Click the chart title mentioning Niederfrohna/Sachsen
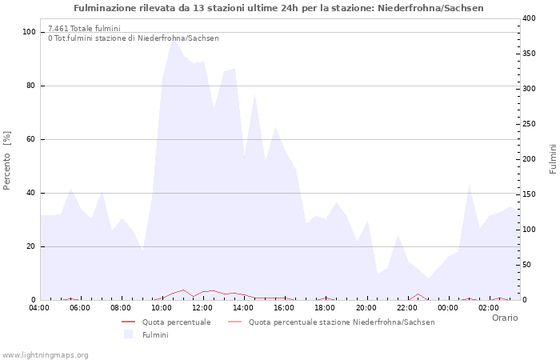pos(278,8)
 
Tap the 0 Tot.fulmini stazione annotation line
pos(133,38)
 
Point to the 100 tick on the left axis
pos(30,32)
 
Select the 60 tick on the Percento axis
pos(31,139)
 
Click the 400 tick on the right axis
pos(529,18)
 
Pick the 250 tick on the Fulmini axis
pos(529,124)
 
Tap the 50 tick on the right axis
pos(526,265)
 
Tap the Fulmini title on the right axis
pos(553,159)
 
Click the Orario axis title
pos(504,318)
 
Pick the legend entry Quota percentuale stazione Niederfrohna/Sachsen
pos(342,322)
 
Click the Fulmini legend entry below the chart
pos(155,334)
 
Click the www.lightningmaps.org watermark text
pos(45,354)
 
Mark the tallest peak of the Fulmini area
pos(172,37)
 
